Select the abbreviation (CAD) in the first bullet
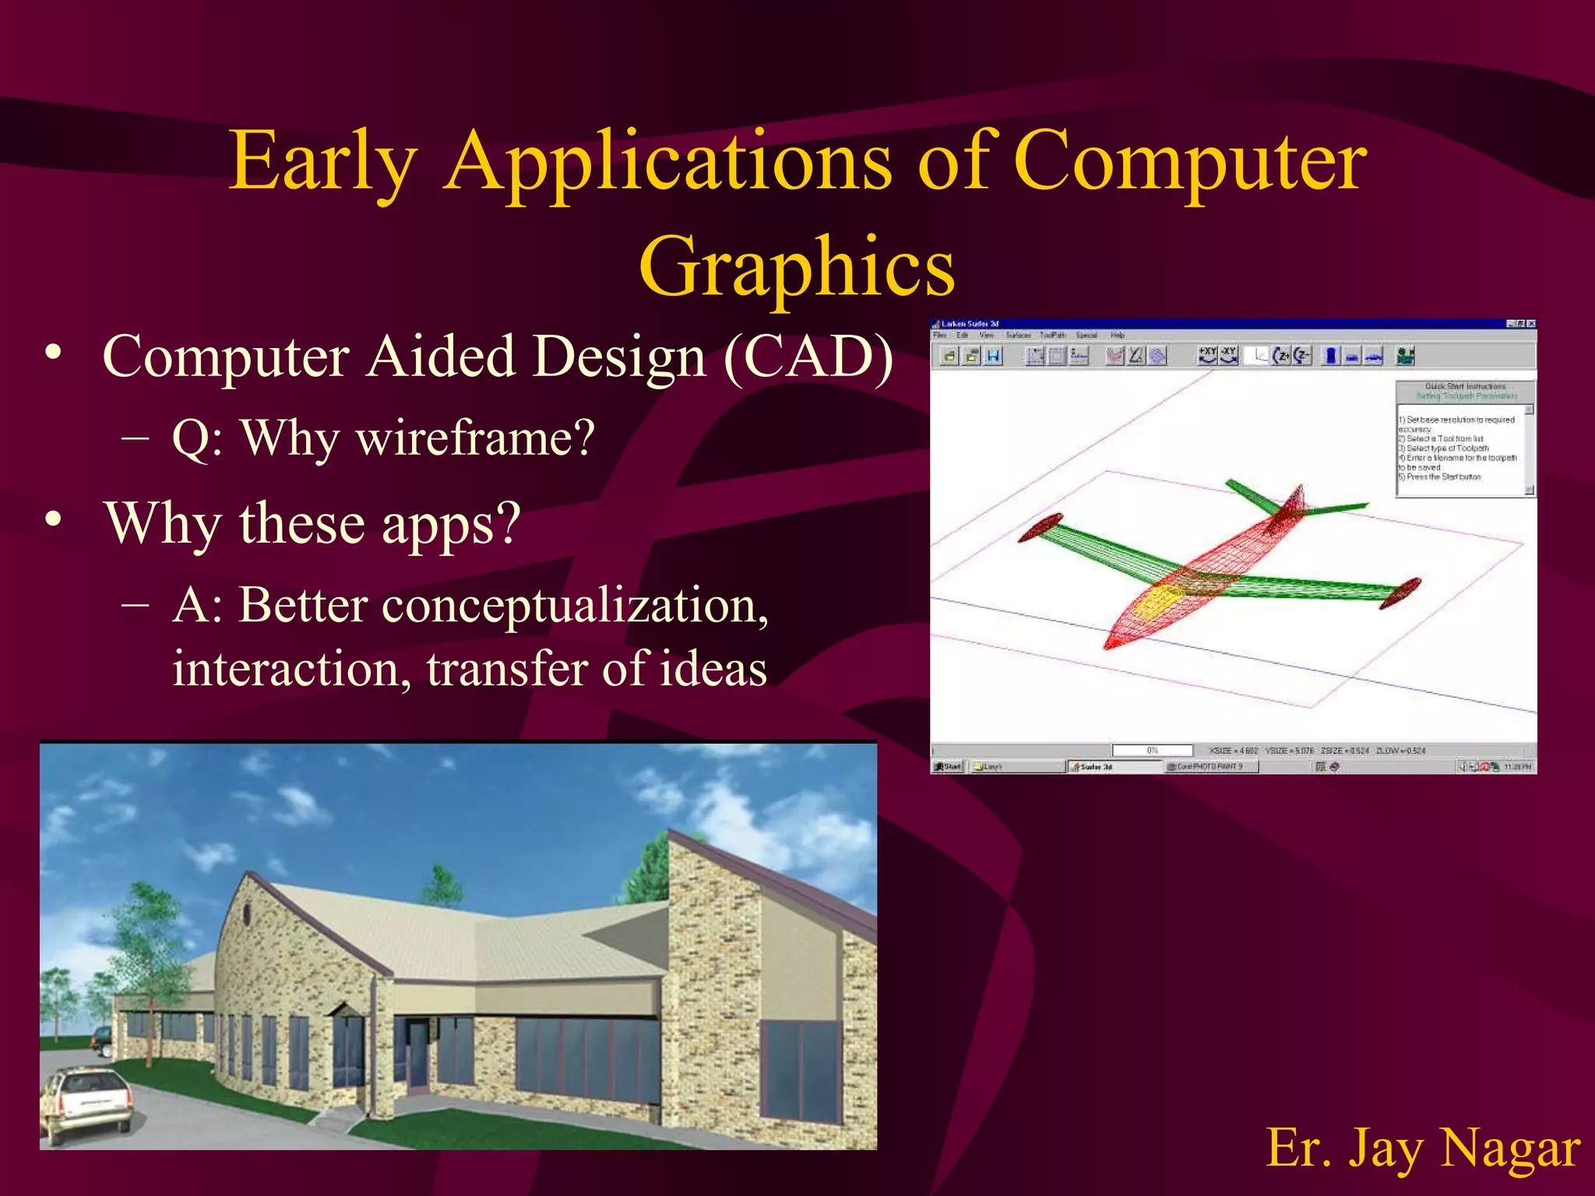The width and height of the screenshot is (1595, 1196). pos(808,357)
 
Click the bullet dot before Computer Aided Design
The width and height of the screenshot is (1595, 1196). pos(53,352)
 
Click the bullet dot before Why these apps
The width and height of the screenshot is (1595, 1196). pos(53,519)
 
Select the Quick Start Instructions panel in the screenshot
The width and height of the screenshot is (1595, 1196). pos(1464,438)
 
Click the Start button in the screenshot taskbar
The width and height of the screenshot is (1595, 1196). pos(948,767)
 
